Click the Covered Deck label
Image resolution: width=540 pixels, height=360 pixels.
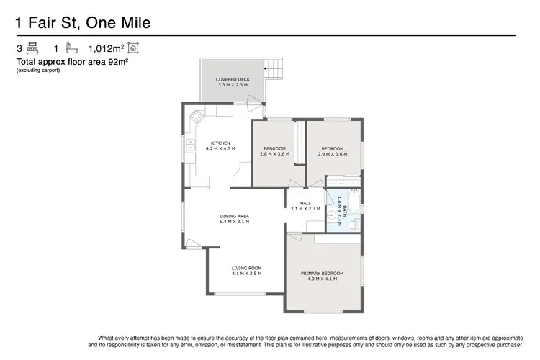tap(232, 82)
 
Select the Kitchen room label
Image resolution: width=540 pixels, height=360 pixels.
tap(220, 145)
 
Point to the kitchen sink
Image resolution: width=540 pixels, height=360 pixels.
tap(192, 148)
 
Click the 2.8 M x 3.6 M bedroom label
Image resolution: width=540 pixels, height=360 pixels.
tap(274, 151)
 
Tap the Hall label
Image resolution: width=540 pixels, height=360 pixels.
tap(305, 206)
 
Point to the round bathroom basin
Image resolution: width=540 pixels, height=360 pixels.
tap(332, 214)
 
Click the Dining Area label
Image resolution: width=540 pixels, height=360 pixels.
tap(234, 219)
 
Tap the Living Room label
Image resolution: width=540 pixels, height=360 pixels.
tap(246, 271)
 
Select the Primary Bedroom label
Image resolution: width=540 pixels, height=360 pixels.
tap(322, 276)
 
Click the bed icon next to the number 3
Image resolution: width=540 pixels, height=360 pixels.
tap(32, 49)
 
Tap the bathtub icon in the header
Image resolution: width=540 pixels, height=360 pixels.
tap(72, 49)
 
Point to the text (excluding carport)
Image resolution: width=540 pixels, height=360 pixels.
tap(37, 70)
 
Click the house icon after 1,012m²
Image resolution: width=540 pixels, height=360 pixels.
tap(134, 49)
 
